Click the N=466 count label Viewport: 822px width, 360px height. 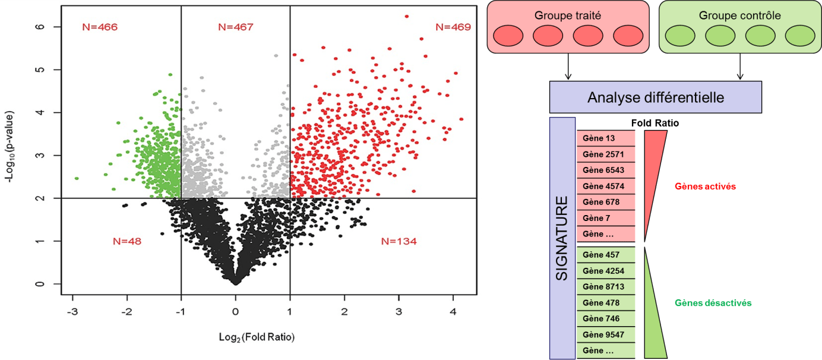(x=100, y=27)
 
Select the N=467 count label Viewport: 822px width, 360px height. (x=236, y=27)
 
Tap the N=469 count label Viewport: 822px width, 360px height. (x=453, y=27)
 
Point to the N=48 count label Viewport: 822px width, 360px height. (x=127, y=241)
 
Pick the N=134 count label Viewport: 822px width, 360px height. (x=399, y=241)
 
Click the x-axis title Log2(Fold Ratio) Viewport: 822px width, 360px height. (x=256, y=337)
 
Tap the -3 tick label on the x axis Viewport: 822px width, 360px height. (x=72, y=311)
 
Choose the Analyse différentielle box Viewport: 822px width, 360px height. (x=655, y=97)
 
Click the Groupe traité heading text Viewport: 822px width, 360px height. (x=568, y=16)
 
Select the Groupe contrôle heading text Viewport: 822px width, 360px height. (x=739, y=16)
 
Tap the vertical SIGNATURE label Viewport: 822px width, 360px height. (x=562, y=238)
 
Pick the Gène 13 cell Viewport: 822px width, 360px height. (x=606, y=138)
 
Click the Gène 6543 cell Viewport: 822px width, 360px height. (x=606, y=170)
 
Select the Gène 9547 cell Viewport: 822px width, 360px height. (x=606, y=334)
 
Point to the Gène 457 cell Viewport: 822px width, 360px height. (x=606, y=255)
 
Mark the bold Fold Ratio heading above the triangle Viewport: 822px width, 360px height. (x=655, y=124)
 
